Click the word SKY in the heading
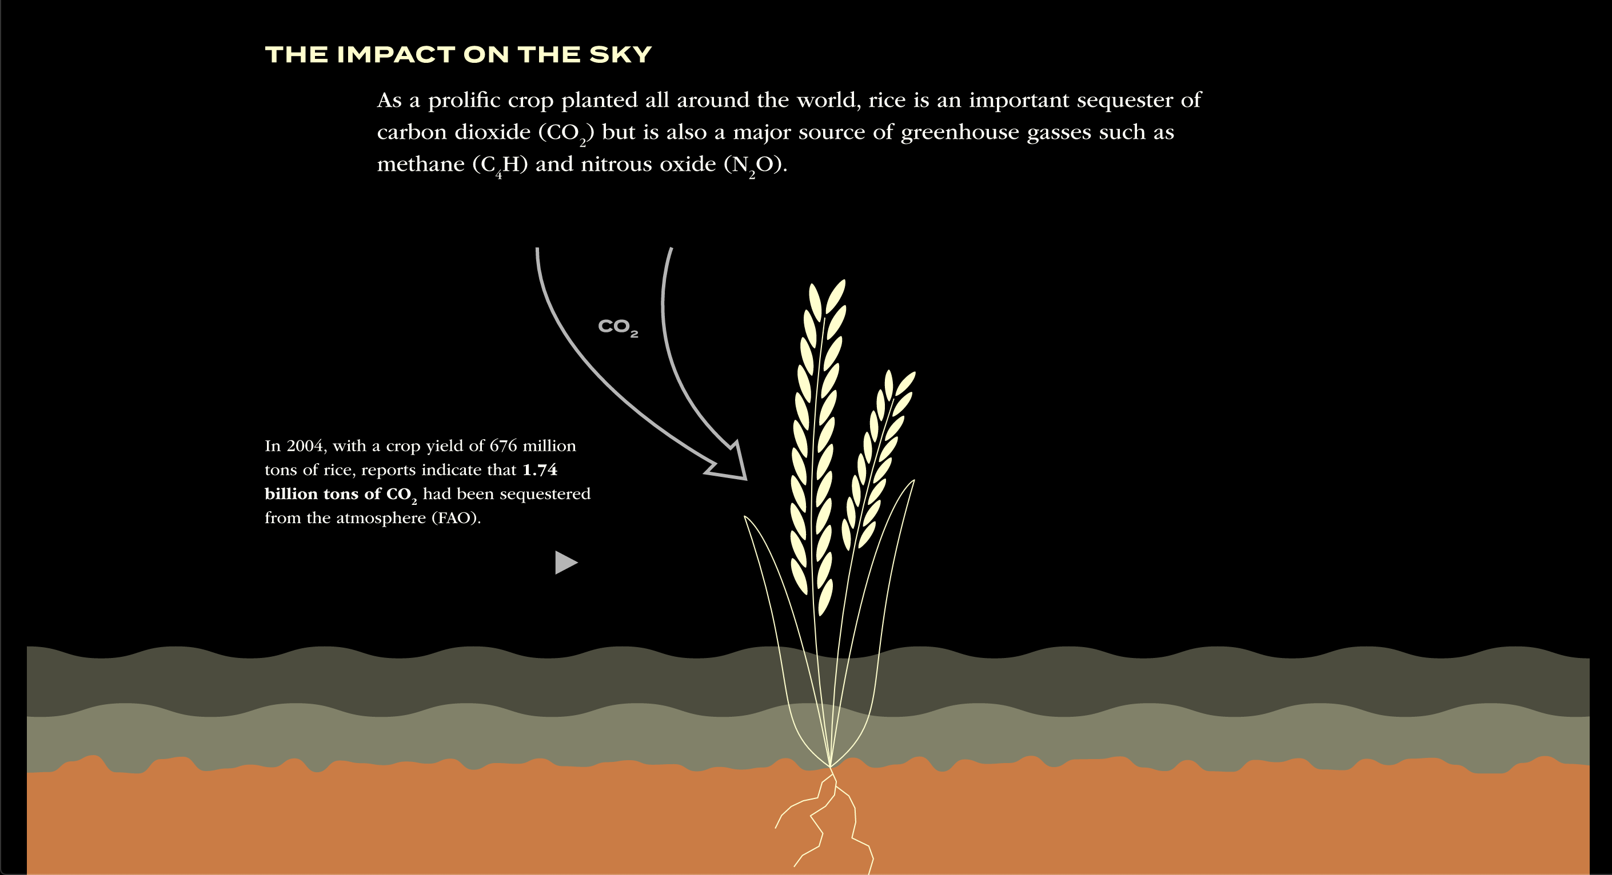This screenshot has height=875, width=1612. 620,54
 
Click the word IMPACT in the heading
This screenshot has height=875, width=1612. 396,54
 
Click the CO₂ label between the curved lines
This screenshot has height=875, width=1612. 617,327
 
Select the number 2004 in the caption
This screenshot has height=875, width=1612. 306,446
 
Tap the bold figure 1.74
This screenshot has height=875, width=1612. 540,469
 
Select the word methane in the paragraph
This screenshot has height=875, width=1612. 421,164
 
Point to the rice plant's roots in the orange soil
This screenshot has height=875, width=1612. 826,820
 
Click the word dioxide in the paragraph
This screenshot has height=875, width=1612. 492,132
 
